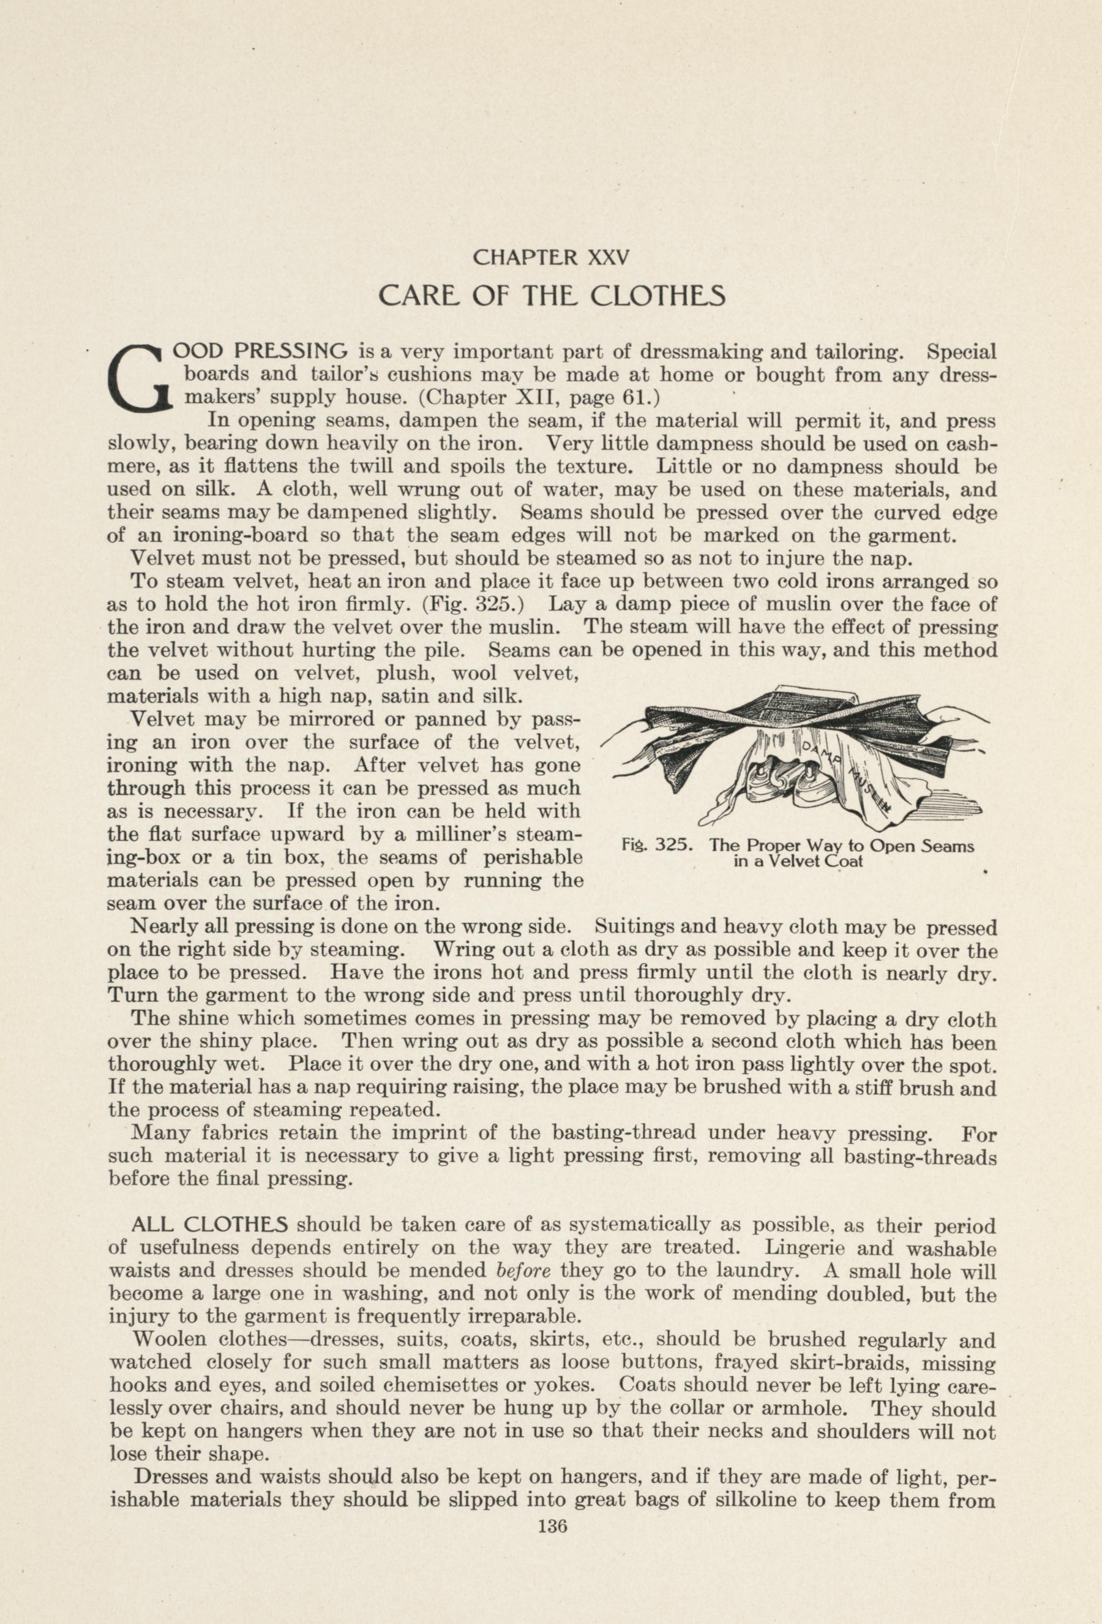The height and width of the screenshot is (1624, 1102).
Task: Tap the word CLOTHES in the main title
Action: click(658, 296)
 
